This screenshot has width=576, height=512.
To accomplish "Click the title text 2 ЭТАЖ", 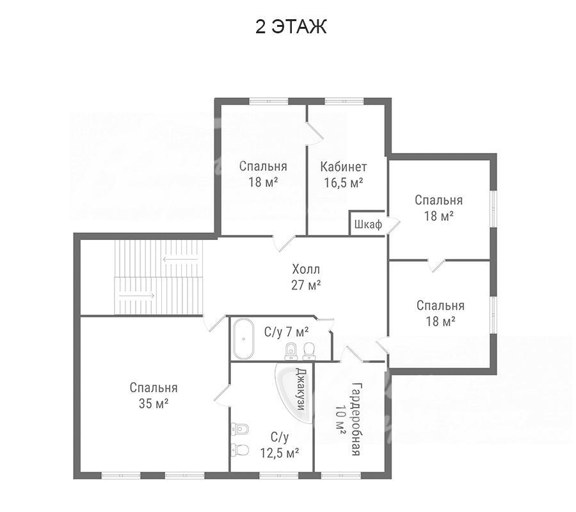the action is pyautogui.click(x=291, y=27).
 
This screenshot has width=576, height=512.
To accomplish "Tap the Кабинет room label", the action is pyautogui.click(x=344, y=167).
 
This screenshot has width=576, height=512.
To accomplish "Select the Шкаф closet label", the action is pyautogui.click(x=368, y=224).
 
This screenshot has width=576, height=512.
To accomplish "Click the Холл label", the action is pyautogui.click(x=306, y=269).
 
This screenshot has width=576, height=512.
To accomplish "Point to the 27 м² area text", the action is pyautogui.click(x=306, y=285).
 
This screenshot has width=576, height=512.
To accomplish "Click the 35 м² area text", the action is pyautogui.click(x=154, y=404).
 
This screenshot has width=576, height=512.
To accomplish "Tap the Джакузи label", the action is pyautogui.click(x=301, y=389).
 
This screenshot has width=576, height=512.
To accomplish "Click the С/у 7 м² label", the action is pyautogui.click(x=287, y=332).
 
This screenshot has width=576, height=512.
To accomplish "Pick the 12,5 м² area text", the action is pyautogui.click(x=280, y=453).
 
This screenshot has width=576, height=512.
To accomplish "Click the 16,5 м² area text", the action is pyautogui.click(x=344, y=182).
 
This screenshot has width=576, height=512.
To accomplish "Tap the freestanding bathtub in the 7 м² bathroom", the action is pyautogui.click(x=243, y=339).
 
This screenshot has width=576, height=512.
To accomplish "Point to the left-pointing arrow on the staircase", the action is pyautogui.click(x=180, y=260).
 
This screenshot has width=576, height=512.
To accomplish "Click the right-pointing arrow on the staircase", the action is pyautogui.click(x=136, y=295).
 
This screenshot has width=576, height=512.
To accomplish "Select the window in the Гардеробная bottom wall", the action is pyautogui.click(x=341, y=476).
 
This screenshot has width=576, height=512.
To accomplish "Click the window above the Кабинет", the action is pyautogui.click(x=344, y=101).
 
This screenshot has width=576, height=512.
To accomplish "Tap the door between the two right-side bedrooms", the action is pyautogui.click(x=437, y=265).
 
